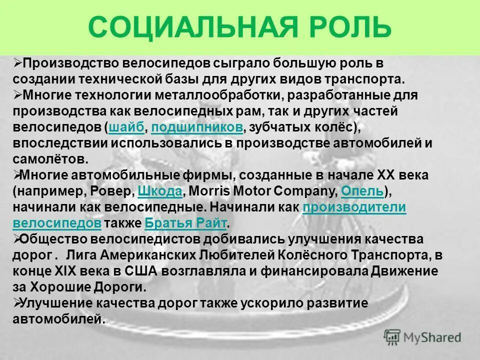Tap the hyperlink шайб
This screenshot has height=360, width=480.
coord(125,127)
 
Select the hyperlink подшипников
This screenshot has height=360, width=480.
coord(196,127)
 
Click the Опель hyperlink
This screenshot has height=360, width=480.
coord(362,191)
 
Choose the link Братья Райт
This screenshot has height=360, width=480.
coord(185,222)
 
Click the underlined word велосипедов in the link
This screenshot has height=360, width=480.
coord(57,222)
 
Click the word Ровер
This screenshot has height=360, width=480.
coord(114,191)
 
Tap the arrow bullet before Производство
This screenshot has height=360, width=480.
coord(17,63)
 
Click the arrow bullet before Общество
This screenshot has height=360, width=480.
coord(17,239)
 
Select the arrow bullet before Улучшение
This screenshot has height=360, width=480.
coord(17,302)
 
